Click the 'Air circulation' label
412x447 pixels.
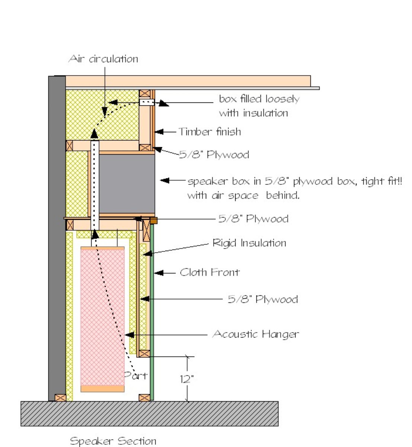pyautogui.click(x=103, y=59)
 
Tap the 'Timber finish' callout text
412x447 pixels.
pyautogui.click(x=210, y=131)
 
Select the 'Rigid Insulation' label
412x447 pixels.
pyautogui.click(x=249, y=243)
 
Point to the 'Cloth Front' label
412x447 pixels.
pyautogui.click(x=210, y=272)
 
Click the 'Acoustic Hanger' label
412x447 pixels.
pyautogui.click(x=256, y=334)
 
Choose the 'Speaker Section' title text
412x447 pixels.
pyautogui.click(x=113, y=441)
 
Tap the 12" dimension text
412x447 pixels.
pyautogui.click(x=187, y=379)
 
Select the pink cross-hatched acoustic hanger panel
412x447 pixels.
pyautogui.click(x=102, y=317)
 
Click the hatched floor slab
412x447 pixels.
pyautogui.click(x=149, y=413)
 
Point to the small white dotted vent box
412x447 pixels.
pyautogui.click(x=147, y=102)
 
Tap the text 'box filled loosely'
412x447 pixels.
pyautogui.click(x=259, y=99)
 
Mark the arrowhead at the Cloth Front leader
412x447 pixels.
pyautogui.click(x=158, y=273)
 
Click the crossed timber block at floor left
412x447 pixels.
pyautogui.click(x=60, y=398)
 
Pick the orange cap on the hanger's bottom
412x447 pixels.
pyautogui.click(x=102, y=389)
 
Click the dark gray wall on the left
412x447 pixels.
pyautogui.click(x=57, y=238)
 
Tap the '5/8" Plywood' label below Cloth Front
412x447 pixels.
pyautogui.click(x=263, y=299)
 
